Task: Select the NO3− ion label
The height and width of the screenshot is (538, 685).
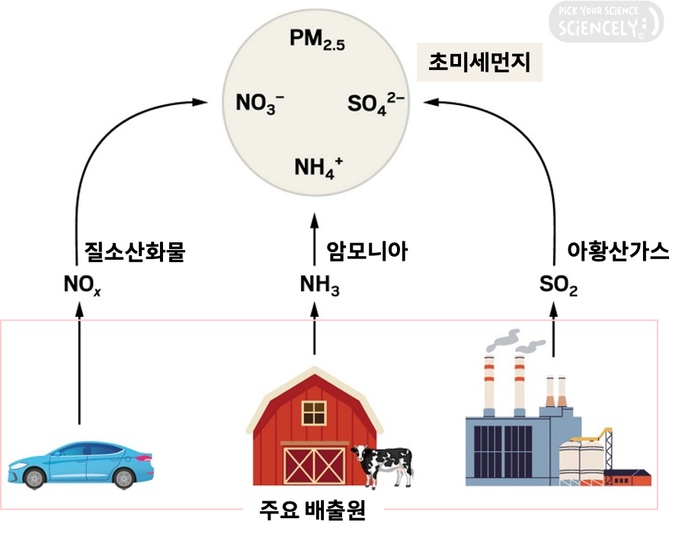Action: pos(260,103)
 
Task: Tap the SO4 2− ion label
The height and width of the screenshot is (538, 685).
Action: pos(376,103)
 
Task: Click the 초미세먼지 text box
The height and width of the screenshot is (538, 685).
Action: pos(479,62)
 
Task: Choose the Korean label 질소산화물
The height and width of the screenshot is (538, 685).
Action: pos(135,251)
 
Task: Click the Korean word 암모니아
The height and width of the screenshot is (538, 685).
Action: pos(367,251)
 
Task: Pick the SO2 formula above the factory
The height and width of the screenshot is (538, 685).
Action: pos(558,287)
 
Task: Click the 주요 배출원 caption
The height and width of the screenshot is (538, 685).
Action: pos(312,511)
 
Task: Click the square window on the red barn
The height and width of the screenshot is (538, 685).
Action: pos(313,412)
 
